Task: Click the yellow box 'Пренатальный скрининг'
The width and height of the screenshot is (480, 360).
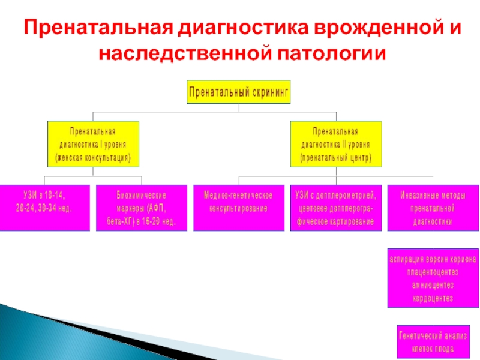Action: (239, 92)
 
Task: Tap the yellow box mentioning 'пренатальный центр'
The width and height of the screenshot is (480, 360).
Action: (335, 145)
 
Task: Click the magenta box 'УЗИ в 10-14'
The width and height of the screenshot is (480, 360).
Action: (44, 207)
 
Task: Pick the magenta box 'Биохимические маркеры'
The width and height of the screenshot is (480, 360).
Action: (141, 208)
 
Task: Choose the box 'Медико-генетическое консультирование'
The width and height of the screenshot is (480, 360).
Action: (238, 208)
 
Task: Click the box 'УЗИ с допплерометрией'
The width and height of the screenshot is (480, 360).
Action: (335, 208)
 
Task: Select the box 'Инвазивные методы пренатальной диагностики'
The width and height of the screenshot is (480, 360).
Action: (432, 208)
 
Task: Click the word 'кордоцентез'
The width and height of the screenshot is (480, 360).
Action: (433, 298)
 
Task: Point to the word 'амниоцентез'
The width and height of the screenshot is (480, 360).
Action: (433, 284)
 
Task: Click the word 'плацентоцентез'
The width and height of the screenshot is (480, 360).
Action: (433, 272)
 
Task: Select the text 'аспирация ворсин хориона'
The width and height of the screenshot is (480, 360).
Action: (433, 259)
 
